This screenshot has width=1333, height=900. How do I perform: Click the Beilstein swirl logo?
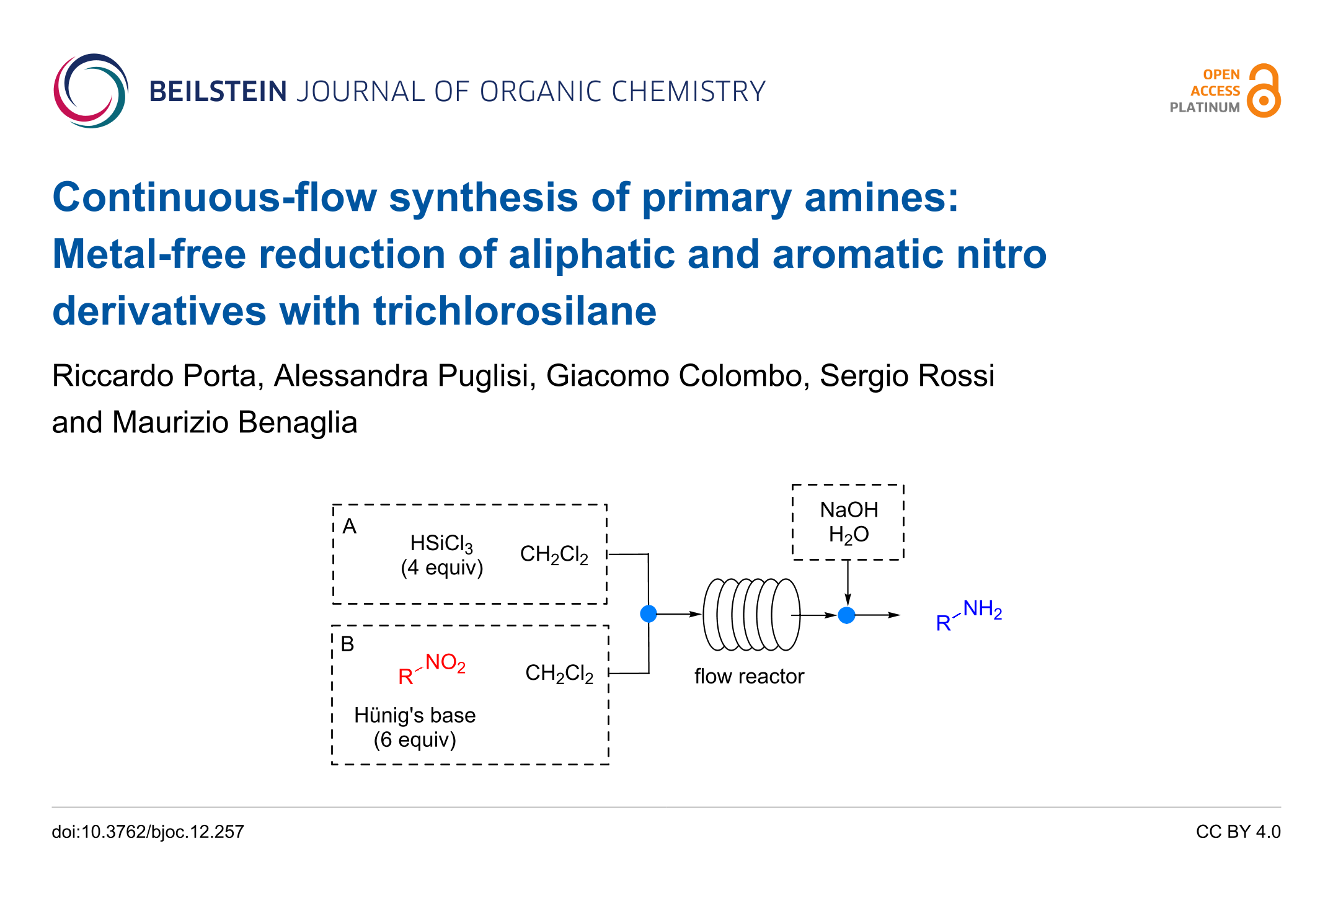(x=91, y=91)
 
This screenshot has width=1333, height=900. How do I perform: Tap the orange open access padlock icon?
(x=1264, y=91)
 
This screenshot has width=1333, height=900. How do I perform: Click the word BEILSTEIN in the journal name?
(x=218, y=92)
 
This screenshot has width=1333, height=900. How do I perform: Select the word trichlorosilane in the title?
(x=514, y=311)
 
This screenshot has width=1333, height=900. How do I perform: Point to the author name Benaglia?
(x=298, y=422)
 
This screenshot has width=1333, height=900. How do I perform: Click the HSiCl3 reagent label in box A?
(x=441, y=544)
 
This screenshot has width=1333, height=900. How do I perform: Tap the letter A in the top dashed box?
(x=350, y=527)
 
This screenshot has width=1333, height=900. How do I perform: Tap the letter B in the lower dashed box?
(x=348, y=644)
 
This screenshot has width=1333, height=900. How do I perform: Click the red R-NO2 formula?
(x=432, y=669)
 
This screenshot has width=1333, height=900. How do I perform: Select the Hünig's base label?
(x=415, y=715)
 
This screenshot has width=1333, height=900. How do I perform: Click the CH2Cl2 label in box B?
(x=559, y=673)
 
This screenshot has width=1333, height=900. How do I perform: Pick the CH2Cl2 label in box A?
(x=554, y=554)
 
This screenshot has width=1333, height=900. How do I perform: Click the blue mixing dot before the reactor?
(x=649, y=614)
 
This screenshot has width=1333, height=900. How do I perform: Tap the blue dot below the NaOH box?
(x=847, y=615)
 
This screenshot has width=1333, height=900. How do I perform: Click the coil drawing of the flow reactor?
(x=751, y=614)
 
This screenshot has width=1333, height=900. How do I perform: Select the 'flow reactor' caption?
(x=749, y=676)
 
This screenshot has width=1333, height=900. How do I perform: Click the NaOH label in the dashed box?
(x=849, y=510)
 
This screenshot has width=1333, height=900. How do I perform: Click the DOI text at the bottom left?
(x=148, y=832)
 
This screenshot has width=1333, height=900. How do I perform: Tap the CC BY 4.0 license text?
(x=1238, y=832)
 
